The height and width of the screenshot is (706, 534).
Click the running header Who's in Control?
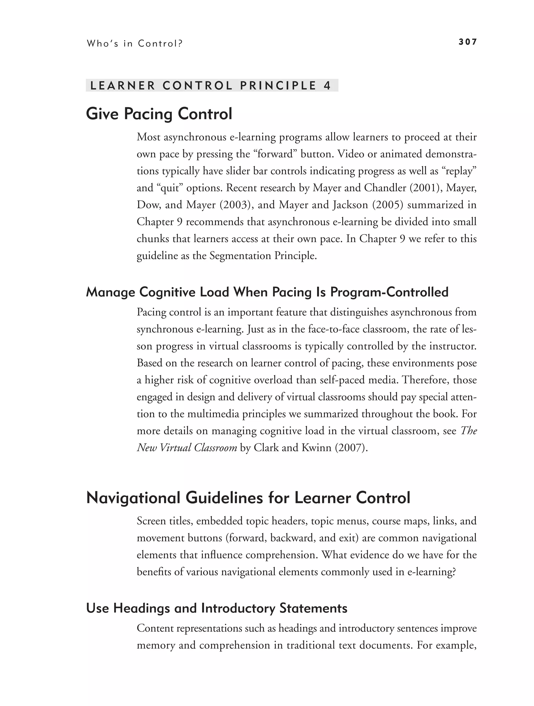coord(134,43)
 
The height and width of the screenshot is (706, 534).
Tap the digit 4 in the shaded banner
coord(327,86)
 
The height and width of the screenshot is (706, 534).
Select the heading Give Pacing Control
coord(159,114)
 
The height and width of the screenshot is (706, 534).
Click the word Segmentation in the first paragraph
coord(240,256)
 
